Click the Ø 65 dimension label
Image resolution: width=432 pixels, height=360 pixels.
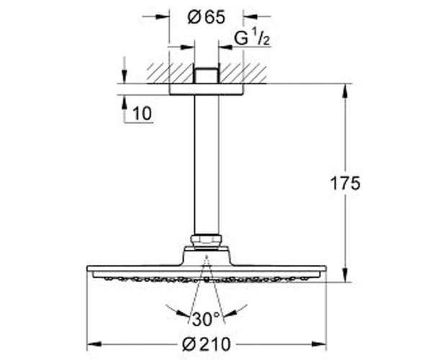(x=206, y=17)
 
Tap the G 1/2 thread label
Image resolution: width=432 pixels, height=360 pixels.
(x=251, y=38)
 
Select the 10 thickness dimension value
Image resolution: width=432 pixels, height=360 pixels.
(x=142, y=114)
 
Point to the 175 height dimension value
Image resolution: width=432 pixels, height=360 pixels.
(x=345, y=183)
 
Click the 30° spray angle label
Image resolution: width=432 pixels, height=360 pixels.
(x=206, y=319)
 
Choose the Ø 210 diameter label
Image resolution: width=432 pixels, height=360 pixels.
(x=207, y=344)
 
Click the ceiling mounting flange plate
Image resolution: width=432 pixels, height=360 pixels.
(x=207, y=89)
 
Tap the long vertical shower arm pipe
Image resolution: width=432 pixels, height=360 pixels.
(x=207, y=165)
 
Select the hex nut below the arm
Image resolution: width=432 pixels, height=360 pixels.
(x=207, y=240)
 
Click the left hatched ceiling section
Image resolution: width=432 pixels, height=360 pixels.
(x=170, y=73)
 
